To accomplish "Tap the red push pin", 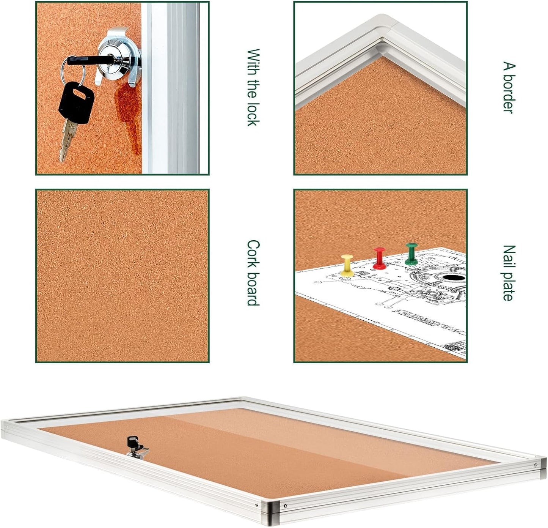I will click(379, 258).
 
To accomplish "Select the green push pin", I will click(411, 254).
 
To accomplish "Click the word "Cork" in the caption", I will click(253, 252).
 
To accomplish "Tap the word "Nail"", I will click(509, 256).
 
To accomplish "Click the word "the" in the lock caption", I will click(253, 89).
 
